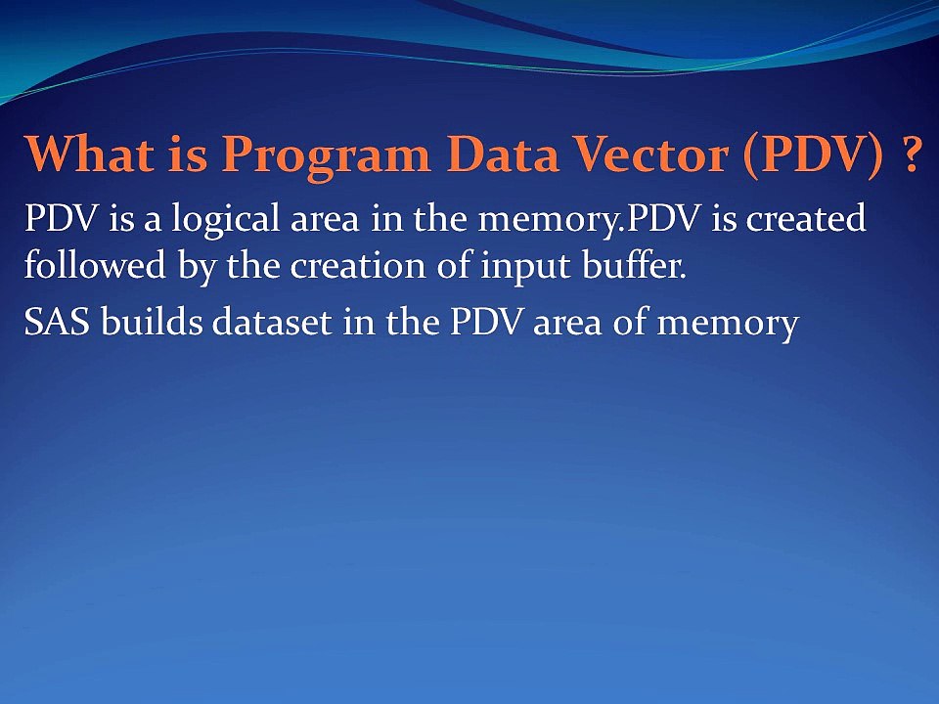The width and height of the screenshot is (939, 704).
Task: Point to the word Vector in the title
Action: point(651,154)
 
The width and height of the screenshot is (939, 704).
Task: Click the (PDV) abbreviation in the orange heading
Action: point(813,155)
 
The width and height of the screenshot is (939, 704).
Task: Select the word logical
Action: point(225,219)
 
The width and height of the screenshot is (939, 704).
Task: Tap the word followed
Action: point(95,264)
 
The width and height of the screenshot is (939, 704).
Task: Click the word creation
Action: point(358,266)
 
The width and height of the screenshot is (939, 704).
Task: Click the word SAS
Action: point(57,322)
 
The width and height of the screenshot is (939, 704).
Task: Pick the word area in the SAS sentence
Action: point(567,325)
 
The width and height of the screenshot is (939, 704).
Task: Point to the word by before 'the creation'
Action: point(196,267)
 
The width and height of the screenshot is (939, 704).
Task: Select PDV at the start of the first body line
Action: point(61,217)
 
